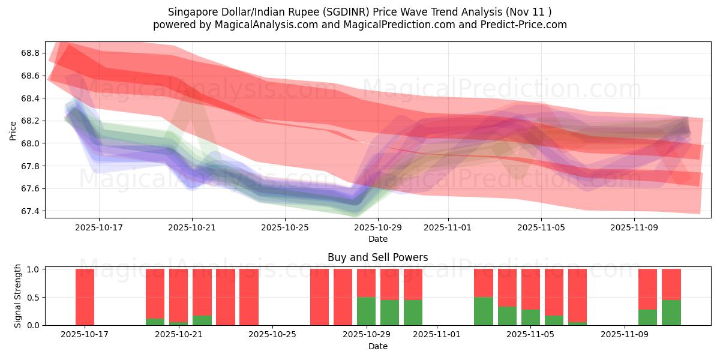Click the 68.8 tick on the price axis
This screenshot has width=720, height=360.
pos(30,53)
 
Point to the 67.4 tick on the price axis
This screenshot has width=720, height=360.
pos(30,211)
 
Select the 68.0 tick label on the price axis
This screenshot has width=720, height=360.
pos(30,143)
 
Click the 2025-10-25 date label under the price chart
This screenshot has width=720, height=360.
pos(285,227)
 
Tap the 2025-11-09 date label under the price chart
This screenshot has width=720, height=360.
pos(634,227)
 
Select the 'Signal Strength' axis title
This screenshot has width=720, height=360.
pos(18,296)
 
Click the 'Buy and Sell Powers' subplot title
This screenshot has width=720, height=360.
pos(377,257)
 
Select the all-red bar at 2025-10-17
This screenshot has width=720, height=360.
pos(85,297)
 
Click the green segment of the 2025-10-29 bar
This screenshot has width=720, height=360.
pos(366,311)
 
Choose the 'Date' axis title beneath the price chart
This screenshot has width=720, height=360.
pos(377,239)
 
